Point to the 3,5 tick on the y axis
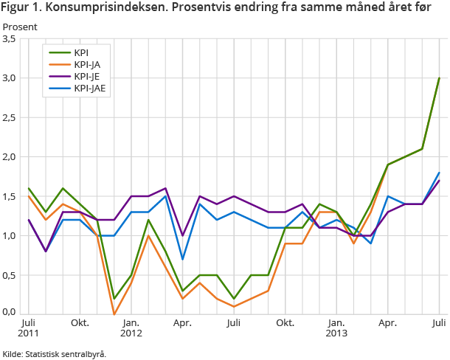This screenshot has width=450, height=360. [10, 39]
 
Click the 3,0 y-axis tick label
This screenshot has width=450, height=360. [10, 78]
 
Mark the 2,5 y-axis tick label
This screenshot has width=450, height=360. [10, 118]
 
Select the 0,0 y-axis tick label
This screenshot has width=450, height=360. [10, 313]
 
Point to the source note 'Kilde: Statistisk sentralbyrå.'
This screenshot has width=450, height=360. [55, 354]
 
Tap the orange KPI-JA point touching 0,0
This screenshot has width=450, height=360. [114, 314]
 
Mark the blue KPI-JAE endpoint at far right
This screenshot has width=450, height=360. [439, 173]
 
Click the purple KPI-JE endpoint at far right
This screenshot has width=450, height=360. [439, 181]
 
